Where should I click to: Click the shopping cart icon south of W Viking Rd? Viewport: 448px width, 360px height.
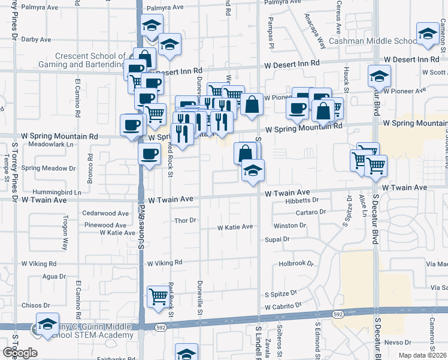pyautogui.click(x=158, y=296)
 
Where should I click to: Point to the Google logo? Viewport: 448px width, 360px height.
pyautogui.click(x=19, y=353)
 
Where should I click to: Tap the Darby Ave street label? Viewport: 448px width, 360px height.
pyautogui.click(x=36, y=40)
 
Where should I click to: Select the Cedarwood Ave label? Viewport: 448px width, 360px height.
pyautogui.click(x=105, y=213)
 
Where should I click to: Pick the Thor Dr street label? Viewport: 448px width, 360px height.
pyautogui.click(x=185, y=220)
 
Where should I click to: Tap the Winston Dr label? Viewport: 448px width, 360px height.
pyautogui.click(x=289, y=226)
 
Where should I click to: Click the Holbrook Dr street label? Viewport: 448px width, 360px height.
pyautogui.click(x=296, y=263)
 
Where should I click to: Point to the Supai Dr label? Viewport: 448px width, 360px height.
pyautogui.click(x=278, y=239)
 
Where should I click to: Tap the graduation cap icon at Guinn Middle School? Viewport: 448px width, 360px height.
pyautogui.click(x=47, y=323)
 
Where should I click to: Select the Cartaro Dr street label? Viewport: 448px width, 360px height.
pyautogui.click(x=310, y=212)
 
